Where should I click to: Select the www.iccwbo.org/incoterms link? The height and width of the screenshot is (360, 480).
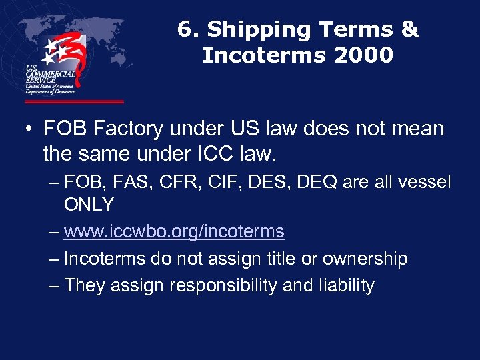coord(174,232)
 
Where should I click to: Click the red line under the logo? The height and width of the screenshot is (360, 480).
coord(74,102)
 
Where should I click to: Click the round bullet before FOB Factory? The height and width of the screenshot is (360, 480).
coord(31,129)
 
